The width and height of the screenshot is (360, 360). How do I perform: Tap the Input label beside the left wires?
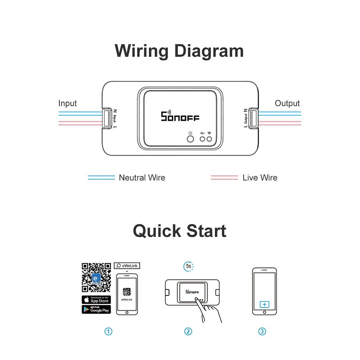click(x=68, y=103)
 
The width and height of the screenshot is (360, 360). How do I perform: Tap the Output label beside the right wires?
click(x=287, y=103)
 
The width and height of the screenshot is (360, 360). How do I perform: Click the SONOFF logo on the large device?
click(x=180, y=117)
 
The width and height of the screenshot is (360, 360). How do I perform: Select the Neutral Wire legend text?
click(x=142, y=177)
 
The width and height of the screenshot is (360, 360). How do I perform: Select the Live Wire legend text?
click(x=260, y=177)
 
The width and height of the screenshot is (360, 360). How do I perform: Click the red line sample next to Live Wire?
click(x=224, y=177)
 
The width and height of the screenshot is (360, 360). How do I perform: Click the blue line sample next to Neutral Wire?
click(x=102, y=177)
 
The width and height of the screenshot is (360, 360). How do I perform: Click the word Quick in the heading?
click(x=155, y=231)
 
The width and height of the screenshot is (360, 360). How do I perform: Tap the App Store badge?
click(x=96, y=299)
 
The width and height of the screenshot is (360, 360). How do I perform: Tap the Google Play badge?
click(x=96, y=309)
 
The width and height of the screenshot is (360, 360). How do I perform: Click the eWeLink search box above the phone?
click(x=127, y=266)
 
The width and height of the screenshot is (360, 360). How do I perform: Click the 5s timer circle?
click(x=188, y=266)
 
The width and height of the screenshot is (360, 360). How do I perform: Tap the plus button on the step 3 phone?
click(x=265, y=305)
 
